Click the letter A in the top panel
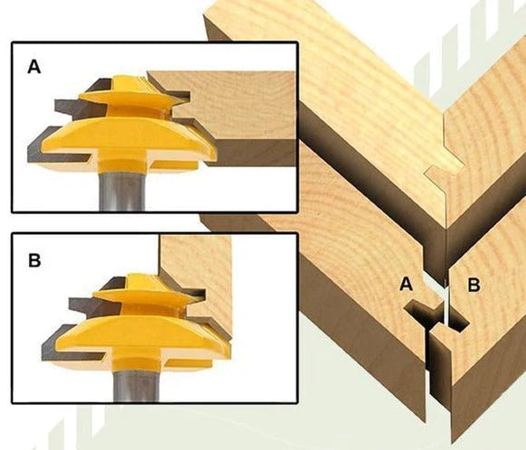[34, 66]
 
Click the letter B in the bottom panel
[34, 260]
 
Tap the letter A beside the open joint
[406, 284]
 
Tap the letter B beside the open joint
[474, 285]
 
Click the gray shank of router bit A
[122, 191]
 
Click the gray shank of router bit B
[136, 386]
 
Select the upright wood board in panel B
[198, 285]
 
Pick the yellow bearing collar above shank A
[122, 165]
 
